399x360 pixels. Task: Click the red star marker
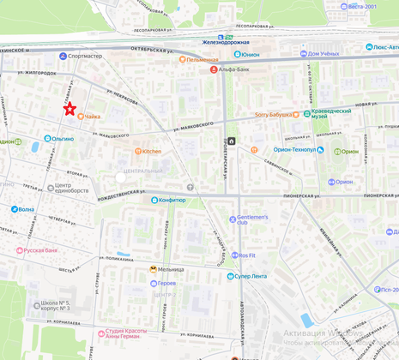70,109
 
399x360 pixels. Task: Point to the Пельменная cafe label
203,59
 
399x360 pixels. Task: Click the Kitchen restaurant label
151,152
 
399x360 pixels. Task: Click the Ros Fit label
247,255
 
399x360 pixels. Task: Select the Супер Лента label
252,276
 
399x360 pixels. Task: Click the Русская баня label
39,250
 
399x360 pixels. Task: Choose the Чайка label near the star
93,116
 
